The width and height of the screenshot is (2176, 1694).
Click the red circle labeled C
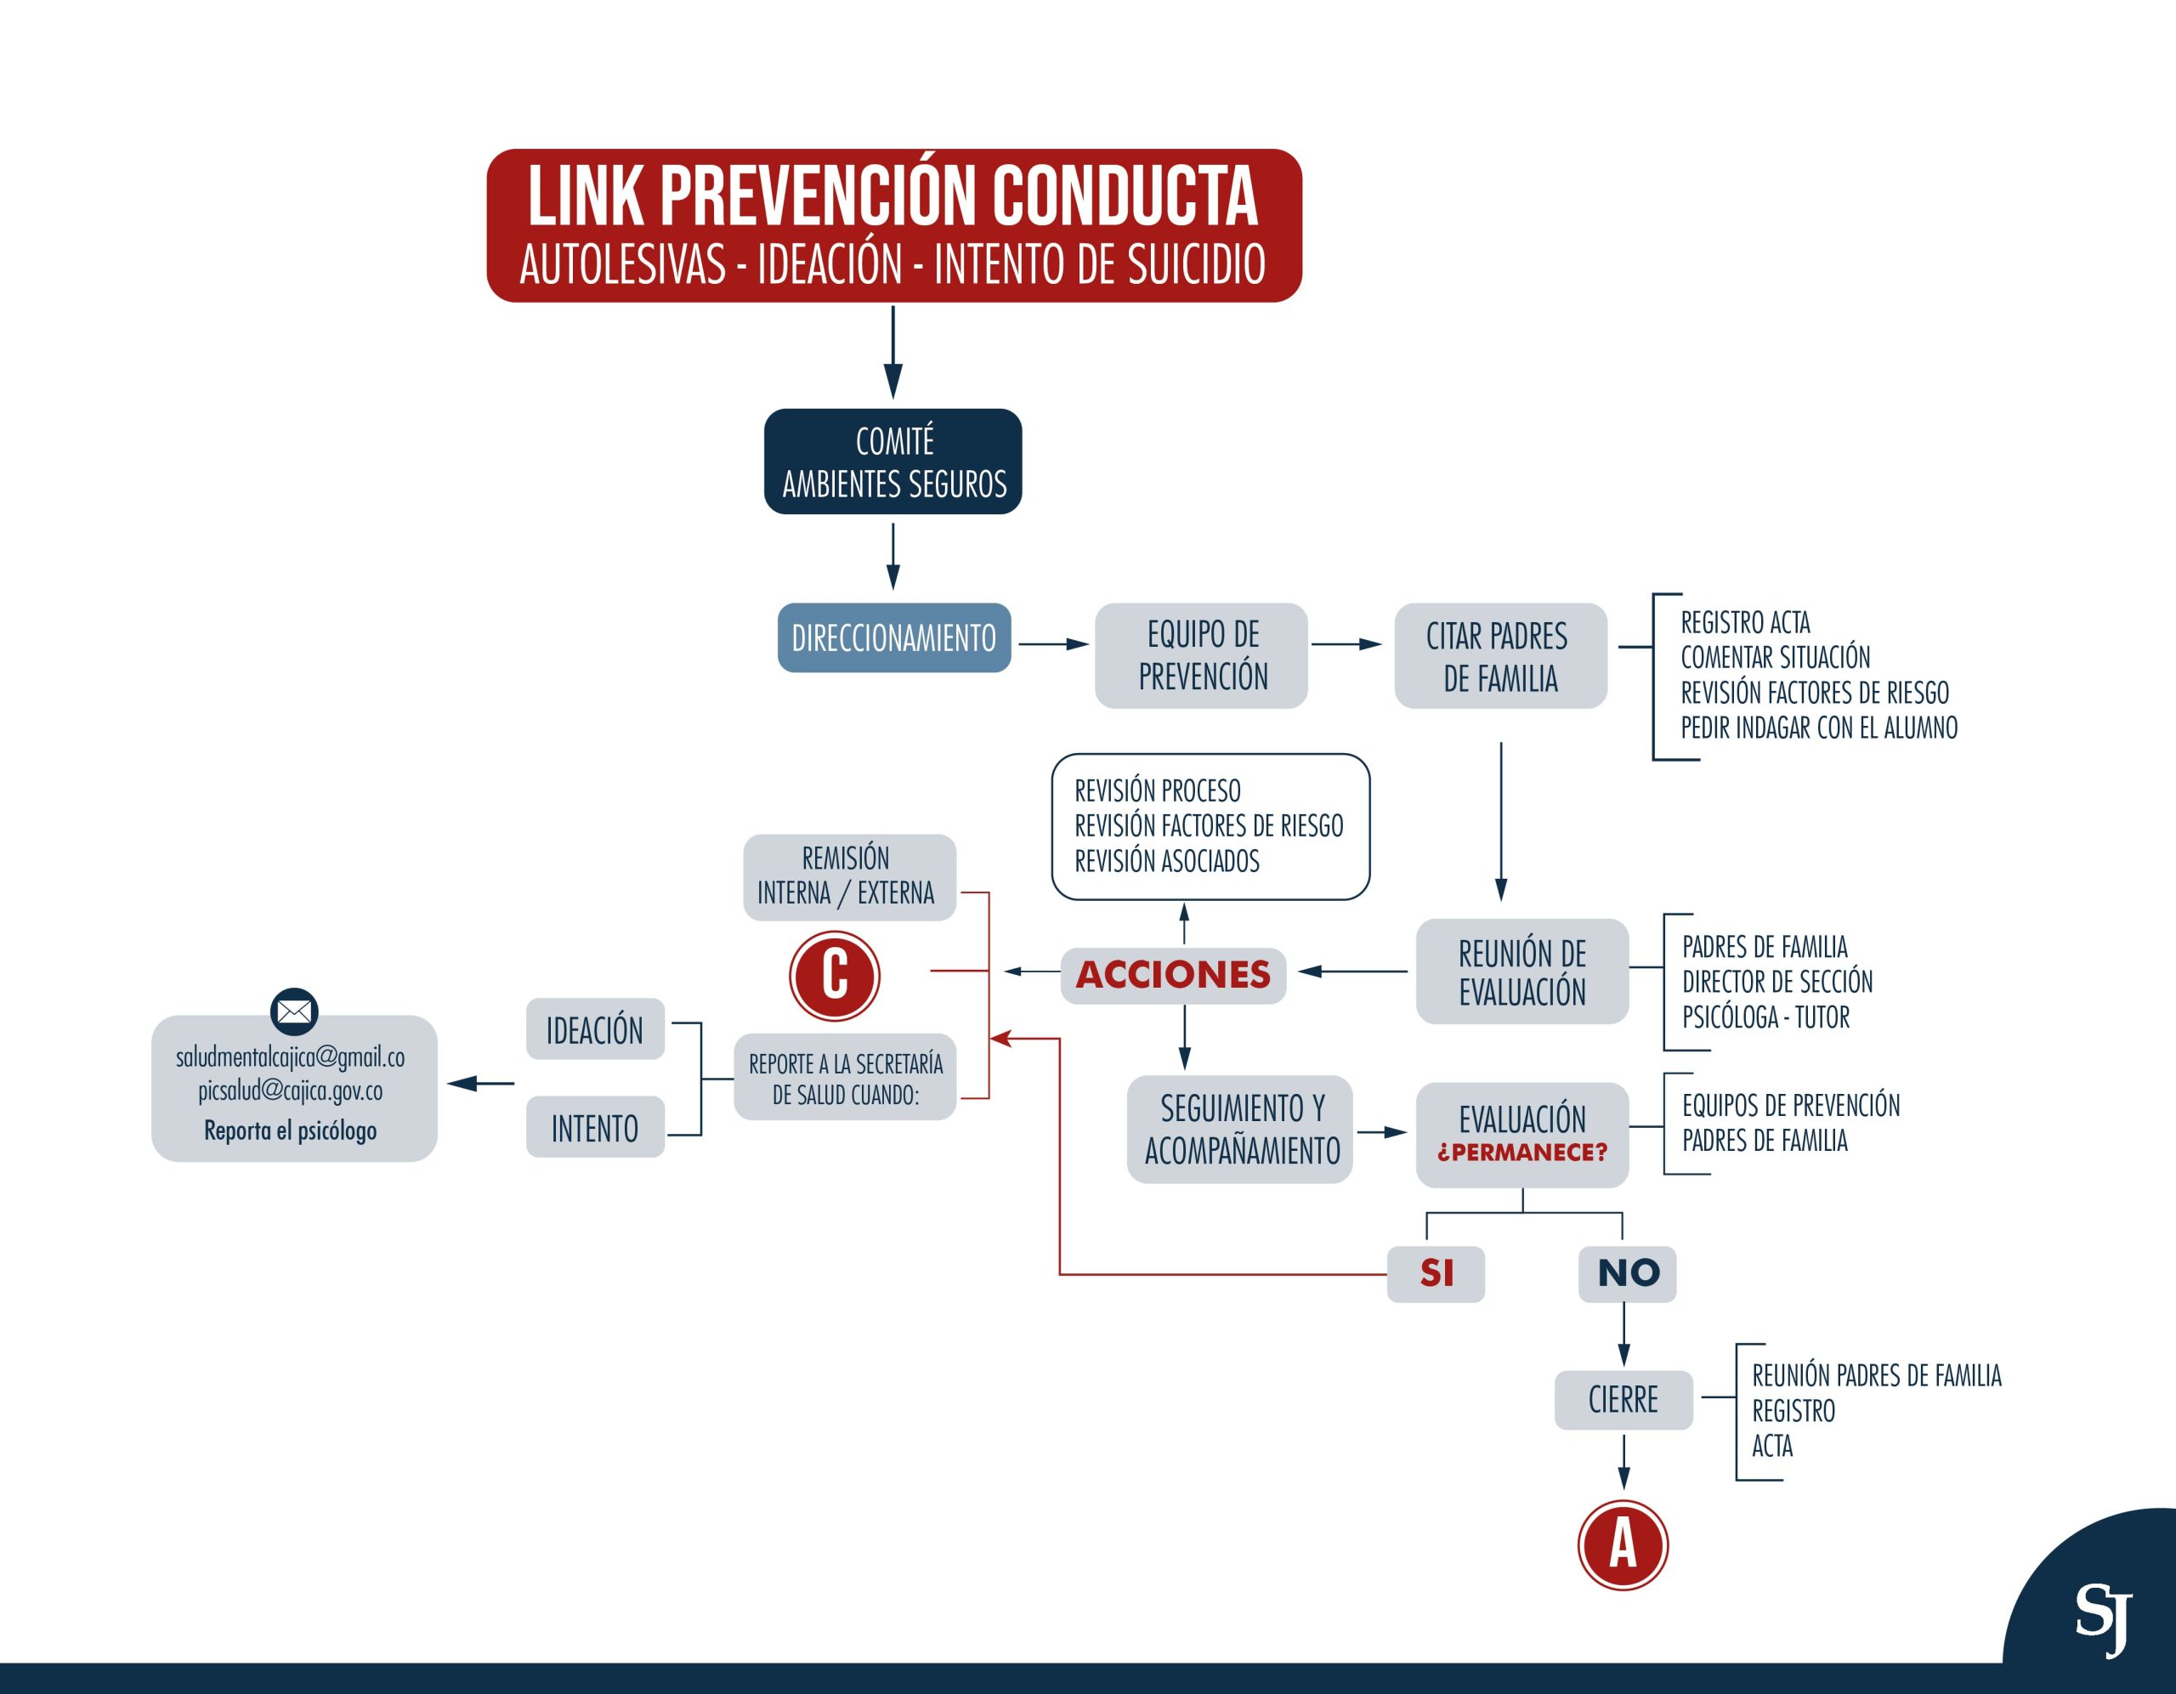[834, 976]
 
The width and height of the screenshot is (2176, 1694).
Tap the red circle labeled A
[1623, 1544]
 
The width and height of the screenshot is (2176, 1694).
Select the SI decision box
[1436, 1273]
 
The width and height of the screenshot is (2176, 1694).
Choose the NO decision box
[1627, 1273]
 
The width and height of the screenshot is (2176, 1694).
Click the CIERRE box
[1623, 1400]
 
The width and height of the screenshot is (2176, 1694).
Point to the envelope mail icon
[294, 1012]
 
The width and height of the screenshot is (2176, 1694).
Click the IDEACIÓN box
[595, 1029]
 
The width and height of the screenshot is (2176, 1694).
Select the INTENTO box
[595, 1128]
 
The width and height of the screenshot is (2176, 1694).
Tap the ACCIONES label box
[1173, 975]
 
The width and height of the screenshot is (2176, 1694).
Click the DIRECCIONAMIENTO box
[893, 637]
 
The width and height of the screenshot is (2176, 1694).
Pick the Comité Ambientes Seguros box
[893, 462]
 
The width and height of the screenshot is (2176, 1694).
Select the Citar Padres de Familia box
[1500, 655]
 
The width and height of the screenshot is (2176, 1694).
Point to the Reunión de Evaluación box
[1522, 972]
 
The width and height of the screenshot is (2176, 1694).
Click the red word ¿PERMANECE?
[1522, 1153]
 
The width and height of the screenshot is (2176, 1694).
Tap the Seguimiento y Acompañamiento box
[1240, 1129]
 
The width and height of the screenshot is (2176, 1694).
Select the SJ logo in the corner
[2103, 1618]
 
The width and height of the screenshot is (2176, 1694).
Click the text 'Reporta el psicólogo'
[290, 1131]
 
